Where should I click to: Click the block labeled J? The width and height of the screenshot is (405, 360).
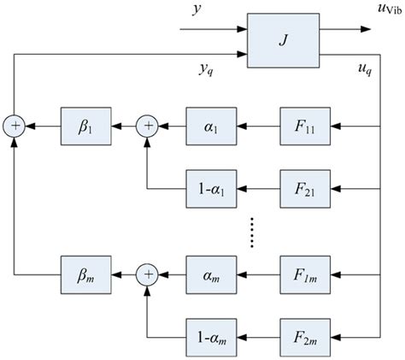[282, 40]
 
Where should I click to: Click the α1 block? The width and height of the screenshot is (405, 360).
[210, 127]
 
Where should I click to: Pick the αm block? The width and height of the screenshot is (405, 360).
[210, 274]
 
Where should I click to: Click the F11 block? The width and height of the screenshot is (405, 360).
[305, 127]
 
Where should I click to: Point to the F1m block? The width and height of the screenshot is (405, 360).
[305, 274]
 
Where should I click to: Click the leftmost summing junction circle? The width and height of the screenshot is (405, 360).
[15, 127]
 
